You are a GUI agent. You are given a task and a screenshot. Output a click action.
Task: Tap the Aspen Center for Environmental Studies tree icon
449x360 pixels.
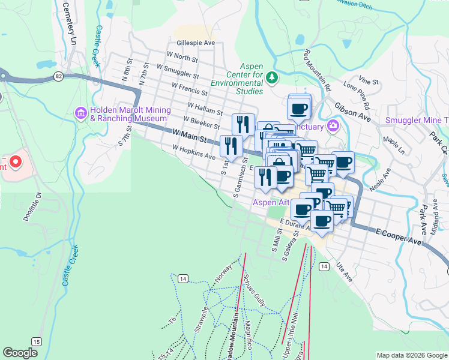272,77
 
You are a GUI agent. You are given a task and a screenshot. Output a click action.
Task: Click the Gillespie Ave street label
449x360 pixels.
196,43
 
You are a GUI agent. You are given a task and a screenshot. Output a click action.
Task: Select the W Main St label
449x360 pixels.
189,135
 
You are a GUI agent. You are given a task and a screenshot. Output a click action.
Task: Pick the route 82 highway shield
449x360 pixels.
58,76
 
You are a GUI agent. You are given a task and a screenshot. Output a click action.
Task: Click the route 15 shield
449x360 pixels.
37,341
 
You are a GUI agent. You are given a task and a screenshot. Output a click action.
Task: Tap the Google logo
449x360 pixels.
20,353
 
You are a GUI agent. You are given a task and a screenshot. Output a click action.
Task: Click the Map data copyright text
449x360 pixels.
411,355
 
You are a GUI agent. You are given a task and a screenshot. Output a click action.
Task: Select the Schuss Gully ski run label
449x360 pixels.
255,287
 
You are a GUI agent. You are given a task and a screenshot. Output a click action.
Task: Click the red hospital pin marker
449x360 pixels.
14,161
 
